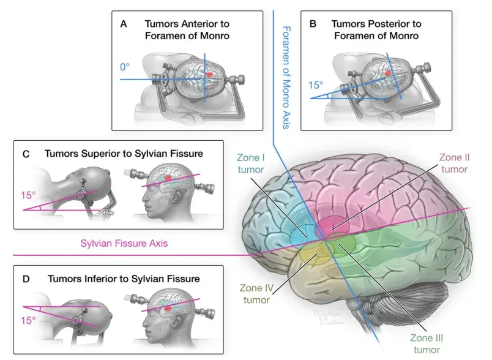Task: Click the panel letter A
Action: coord(124,24)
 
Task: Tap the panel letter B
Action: coord(313,24)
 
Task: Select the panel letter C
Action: coord(26,154)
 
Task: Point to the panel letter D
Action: coord(26,279)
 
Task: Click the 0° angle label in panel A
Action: coord(125,67)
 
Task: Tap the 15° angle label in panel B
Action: coord(316,85)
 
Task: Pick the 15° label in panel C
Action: coord(28,195)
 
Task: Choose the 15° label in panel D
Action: coord(28,320)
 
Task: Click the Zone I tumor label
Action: coord(250,163)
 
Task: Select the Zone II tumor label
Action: coord(454,163)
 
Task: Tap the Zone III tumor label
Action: coord(427,343)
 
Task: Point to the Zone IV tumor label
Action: coord(256,294)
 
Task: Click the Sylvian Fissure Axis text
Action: coord(124,243)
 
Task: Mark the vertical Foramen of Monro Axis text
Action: coord(286,78)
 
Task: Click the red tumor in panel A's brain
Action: coord(209,74)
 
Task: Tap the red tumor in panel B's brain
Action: coord(388,73)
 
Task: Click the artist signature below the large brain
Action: coord(329,317)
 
